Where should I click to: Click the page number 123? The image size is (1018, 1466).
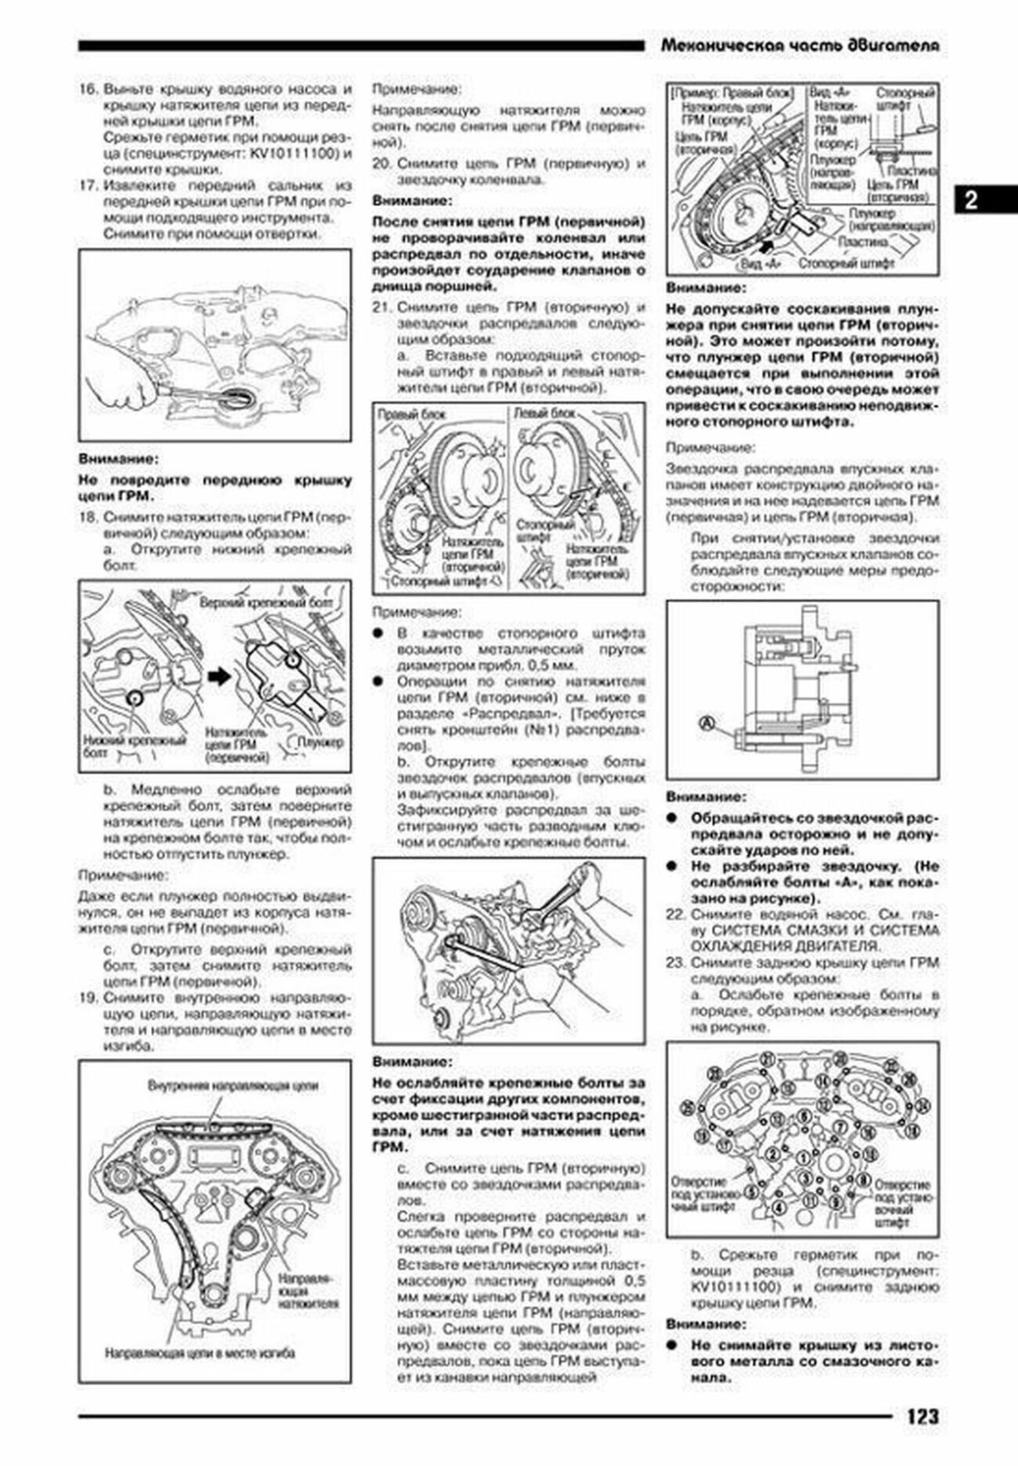pos(920,1416)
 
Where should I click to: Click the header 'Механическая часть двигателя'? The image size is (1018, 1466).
pos(799,47)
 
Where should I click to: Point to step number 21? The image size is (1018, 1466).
pos(383,307)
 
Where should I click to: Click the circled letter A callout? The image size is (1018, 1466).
pos(707,723)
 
